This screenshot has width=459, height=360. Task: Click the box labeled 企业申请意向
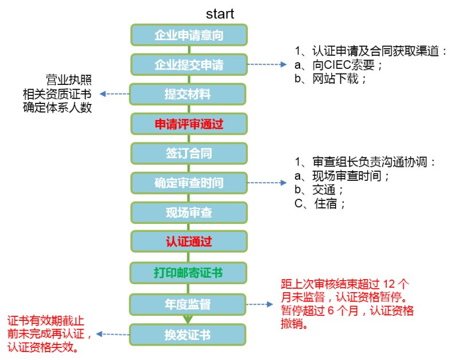pos(189,35)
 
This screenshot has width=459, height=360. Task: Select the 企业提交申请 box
pos(189,65)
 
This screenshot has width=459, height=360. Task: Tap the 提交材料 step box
pos(188,94)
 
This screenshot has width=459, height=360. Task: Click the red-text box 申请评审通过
pos(189,124)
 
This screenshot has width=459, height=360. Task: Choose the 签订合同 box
pos(189,153)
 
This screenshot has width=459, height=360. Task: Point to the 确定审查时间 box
pos(189,183)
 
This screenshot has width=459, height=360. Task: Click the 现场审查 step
pos(189,212)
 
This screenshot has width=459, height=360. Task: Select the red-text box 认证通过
pos(189,241)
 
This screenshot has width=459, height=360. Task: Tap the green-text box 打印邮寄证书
pos(188,273)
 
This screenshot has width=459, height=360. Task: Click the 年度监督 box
pos(188,304)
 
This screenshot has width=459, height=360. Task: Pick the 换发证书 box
pos(188,335)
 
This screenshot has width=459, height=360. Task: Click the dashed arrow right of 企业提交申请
pos(267,65)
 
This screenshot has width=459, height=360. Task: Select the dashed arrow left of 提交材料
pos(114,94)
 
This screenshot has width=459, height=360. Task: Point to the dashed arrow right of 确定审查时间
pos(267,183)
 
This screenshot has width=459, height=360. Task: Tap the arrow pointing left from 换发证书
pos(112,334)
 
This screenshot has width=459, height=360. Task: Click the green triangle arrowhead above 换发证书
pos(188,319)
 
